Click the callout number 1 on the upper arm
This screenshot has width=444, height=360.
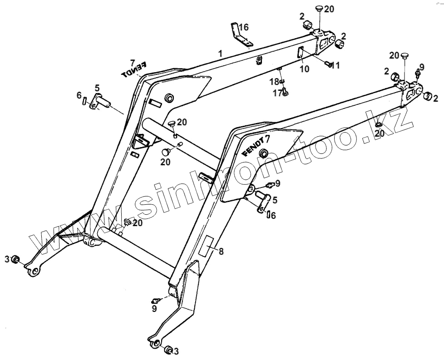click(220, 54)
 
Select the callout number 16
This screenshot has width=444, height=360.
click(244, 27)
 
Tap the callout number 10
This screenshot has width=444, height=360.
click(305, 68)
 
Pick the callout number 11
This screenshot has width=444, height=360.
click(335, 66)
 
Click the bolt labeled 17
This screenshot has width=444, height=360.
click(285, 94)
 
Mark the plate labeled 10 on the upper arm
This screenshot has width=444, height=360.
click(300, 53)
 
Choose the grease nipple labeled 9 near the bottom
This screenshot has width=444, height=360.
click(157, 300)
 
